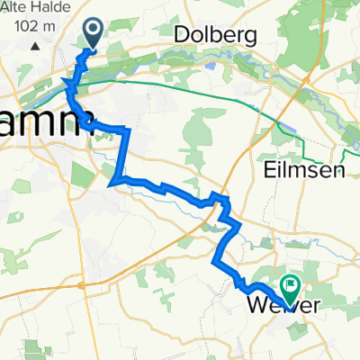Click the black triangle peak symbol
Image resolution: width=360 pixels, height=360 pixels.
pos(35,44)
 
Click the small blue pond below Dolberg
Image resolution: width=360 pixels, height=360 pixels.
pos(210,66)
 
